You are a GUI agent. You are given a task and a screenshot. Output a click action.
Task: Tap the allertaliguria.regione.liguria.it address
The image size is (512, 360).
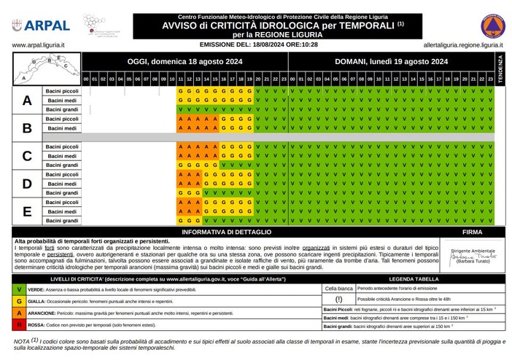point(459,44)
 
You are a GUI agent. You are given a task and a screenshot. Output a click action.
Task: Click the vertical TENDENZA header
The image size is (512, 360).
point(500,68)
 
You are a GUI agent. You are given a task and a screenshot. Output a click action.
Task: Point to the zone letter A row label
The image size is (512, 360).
point(26,100)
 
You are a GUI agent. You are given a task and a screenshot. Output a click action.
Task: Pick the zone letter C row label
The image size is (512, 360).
point(26,155)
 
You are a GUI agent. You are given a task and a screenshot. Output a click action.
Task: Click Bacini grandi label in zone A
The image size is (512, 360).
point(62,109)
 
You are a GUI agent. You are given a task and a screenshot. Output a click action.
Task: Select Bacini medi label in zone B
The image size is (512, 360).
point(62,128)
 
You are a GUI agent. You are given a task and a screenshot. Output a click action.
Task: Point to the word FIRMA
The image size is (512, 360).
point(473,231)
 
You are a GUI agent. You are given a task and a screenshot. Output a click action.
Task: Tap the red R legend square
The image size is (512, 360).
point(19,324)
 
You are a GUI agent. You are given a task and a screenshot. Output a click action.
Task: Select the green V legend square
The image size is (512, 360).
point(19,289)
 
